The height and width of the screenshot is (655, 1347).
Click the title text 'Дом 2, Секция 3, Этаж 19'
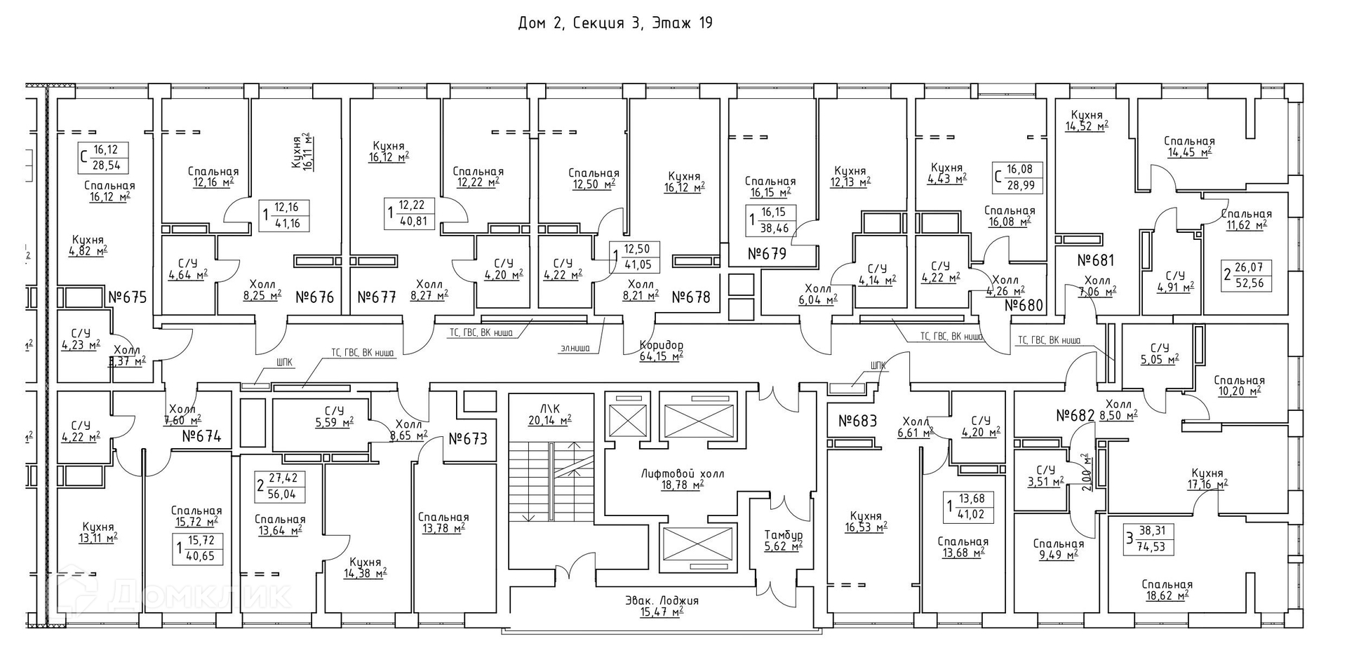[615, 23]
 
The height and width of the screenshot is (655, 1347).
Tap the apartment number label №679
[767, 253]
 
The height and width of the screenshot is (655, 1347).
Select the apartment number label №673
[467, 439]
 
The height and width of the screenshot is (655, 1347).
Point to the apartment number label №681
[1095, 260]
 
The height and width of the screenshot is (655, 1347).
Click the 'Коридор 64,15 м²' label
[661, 351]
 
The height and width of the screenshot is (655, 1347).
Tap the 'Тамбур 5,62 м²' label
[783, 540]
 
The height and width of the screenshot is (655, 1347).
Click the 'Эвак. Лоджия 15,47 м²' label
[662, 606]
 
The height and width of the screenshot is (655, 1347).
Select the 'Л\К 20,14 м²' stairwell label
[549, 414]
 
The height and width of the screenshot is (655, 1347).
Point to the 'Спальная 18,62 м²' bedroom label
[1167, 590]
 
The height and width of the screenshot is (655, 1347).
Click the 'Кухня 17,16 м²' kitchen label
[1207, 478]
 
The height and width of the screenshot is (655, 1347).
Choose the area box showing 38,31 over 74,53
[1148, 539]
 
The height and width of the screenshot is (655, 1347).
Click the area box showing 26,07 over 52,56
[1247, 276]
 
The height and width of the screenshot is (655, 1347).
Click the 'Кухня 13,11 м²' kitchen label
[98, 532]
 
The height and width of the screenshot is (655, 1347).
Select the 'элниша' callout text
[575, 348]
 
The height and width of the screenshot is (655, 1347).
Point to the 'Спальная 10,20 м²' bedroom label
[1238, 385]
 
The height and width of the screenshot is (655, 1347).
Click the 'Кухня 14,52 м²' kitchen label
[1087, 121]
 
